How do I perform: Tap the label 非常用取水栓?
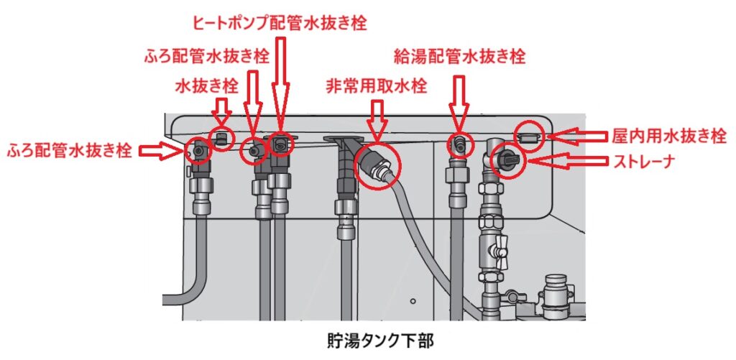[x=376, y=86]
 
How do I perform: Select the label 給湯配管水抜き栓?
[x=459, y=55]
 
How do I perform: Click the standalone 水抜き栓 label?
[x=206, y=86]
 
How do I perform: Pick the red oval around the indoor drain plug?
[x=530, y=134]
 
